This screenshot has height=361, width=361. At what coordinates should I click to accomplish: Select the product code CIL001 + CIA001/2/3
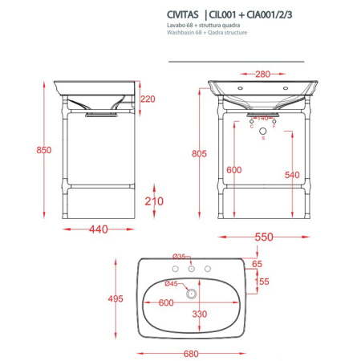(x=229, y=14)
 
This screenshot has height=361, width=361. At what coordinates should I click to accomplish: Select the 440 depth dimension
(x=98, y=229)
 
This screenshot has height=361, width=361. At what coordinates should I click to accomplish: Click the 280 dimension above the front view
(x=262, y=74)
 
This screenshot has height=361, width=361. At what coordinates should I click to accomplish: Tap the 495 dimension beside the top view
(x=116, y=298)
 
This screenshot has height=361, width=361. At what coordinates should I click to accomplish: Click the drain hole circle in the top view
(x=190, y=294)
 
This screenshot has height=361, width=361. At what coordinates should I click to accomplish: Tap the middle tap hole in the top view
(x=190, y=268)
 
